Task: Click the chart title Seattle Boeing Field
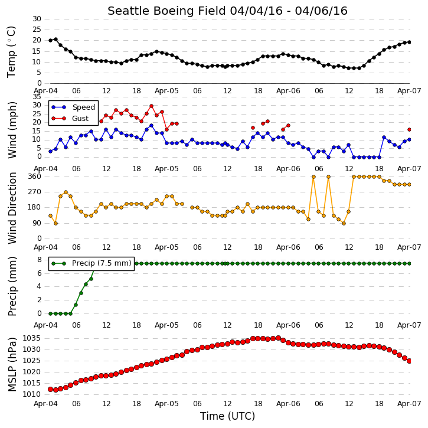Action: pos(167,11)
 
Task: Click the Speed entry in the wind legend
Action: pos(83,107)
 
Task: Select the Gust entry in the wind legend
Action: pos(80,119)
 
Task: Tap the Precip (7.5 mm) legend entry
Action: pos(102,263)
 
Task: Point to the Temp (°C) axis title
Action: pos(11,52)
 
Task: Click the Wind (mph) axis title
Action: pos(12,130)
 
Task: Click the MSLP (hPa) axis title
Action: pos(12,365)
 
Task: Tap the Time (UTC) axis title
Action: pos(227,416)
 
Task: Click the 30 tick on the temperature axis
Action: pos(37,19)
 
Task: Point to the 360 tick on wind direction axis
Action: pos(35,177)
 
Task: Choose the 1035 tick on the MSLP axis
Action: pos(32,338)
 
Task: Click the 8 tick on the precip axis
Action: pos(40,260)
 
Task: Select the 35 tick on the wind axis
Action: pos(37,97)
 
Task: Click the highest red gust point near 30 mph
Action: pos(152,106)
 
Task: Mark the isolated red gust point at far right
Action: pos(409,130)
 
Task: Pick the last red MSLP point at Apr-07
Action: pos(409,361)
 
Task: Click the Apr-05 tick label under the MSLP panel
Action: pos(166,404)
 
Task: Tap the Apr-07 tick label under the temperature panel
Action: pos(409,91)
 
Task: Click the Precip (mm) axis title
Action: pos(12,286)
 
